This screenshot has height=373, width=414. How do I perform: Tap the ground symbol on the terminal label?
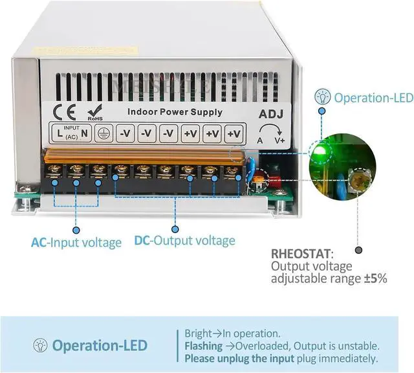coord(102,133)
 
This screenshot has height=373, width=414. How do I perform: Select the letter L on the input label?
coord(60,133)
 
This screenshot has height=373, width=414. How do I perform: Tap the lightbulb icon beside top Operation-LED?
coord(321,98)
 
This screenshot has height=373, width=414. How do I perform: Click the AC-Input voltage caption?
coord(76,243)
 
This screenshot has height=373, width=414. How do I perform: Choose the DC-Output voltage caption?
coord(184,241)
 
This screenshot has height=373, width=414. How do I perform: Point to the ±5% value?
coord(375,278)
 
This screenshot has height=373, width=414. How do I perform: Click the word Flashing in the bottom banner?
coord(202,346)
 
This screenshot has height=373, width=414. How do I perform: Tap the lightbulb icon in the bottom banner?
coord(40,345)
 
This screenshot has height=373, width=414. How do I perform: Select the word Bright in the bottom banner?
coord(199,333)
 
